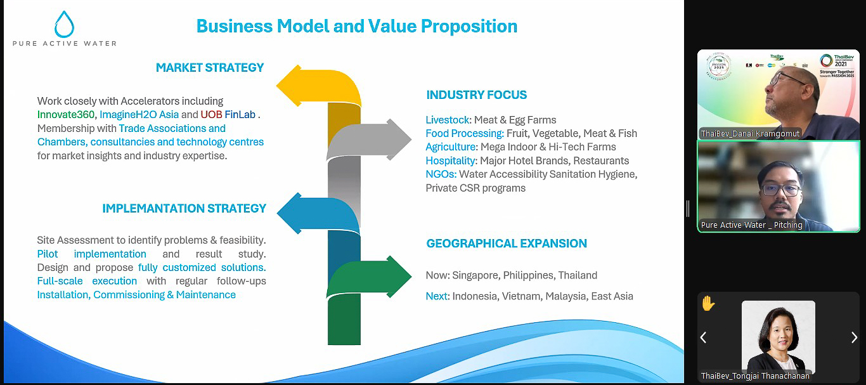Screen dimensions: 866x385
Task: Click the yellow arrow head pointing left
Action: (x=289, y=86)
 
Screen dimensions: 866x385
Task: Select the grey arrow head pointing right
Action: (x=399, y=140)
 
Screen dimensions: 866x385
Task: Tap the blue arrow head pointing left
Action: (x=290, y=213)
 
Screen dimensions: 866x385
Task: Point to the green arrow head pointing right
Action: (x=399, y=277)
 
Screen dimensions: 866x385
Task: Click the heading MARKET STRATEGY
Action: (x=210, y=68)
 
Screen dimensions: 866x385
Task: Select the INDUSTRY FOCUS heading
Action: (x=476, y=95)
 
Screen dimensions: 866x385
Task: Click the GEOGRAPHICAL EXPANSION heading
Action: (x=507, y=244)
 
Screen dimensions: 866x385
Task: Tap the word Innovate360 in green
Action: (x=66, y=115)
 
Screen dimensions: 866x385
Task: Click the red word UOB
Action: (x=211, y=115)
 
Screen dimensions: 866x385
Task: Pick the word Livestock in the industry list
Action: (x=448, y=120)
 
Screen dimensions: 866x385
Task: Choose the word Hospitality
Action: (x=450, y=160)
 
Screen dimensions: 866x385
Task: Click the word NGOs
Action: (x=440, y=174)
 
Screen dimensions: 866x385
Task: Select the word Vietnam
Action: (x=520, y=296)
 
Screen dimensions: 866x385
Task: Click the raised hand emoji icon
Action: (x=708, y=303)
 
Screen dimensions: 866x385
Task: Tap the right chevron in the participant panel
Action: (x=854, y=337)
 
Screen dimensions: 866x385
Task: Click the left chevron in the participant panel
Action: (x=704, y=337)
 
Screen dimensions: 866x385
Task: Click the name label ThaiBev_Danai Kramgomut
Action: (x=750, y=134)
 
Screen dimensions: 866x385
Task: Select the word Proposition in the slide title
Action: (x=469, y=27)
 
